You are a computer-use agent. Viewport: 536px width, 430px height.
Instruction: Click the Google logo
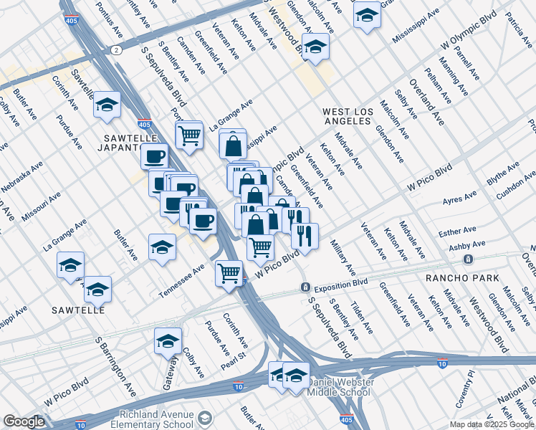[24, 421]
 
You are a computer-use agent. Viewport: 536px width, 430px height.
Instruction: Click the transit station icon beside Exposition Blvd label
[305, 287]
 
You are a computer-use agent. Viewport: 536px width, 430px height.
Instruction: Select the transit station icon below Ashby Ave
[468, 259]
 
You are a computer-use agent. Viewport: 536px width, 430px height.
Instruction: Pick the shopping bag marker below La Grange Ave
[234, 145]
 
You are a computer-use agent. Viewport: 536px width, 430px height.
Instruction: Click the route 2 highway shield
[115, 49]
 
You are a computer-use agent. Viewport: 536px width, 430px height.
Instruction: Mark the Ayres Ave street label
[460, 198]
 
